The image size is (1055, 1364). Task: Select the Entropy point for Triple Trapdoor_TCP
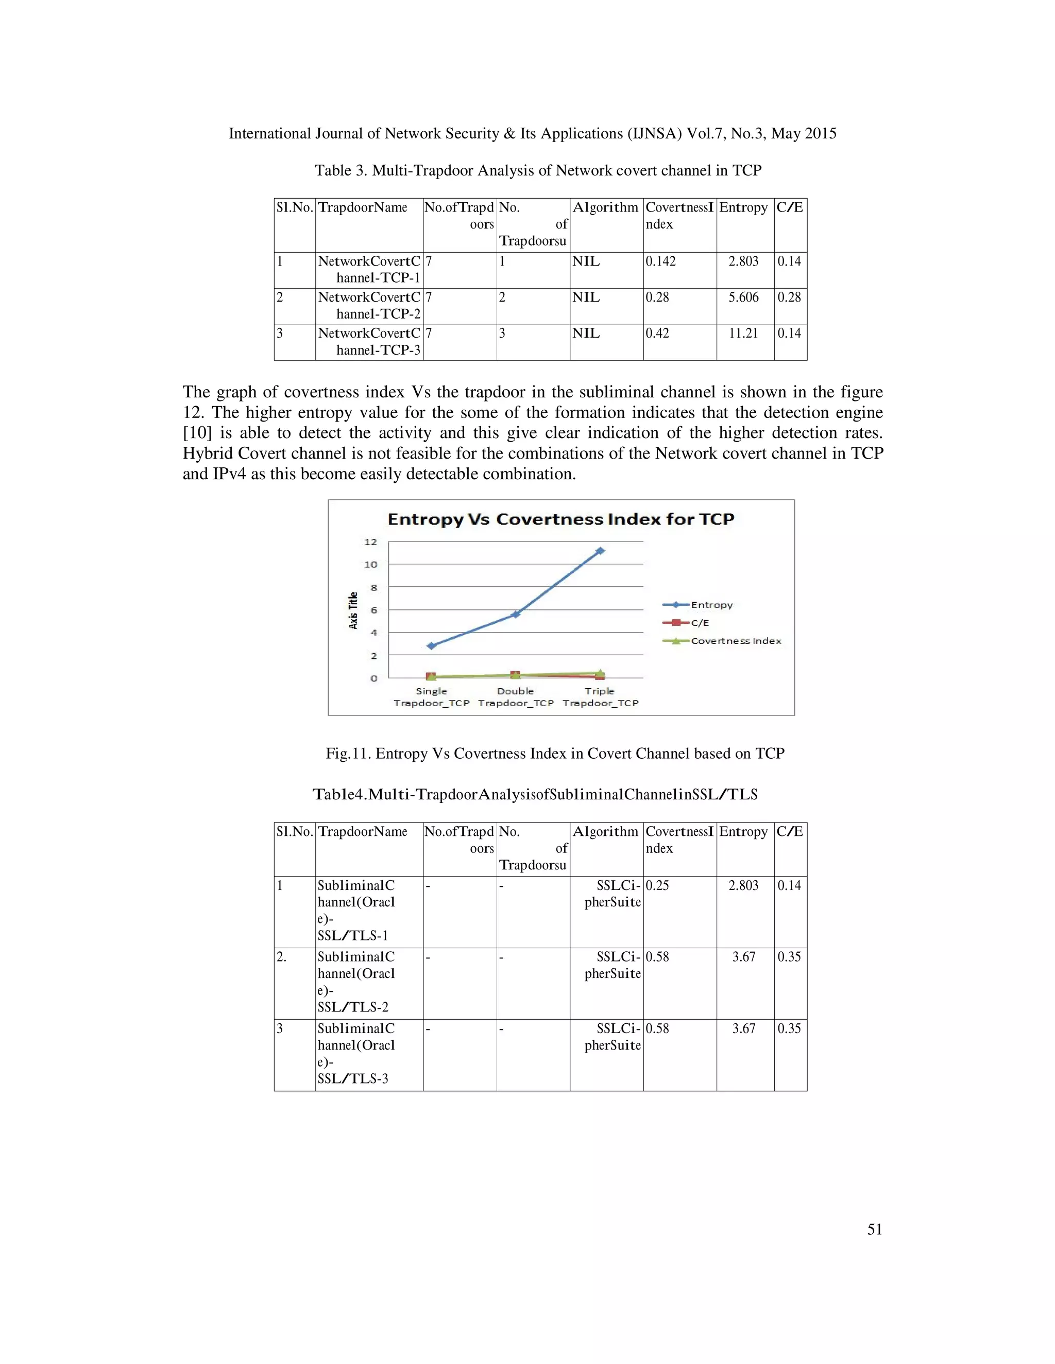(600, 551)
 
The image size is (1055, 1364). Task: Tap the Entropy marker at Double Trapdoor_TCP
(516, 615)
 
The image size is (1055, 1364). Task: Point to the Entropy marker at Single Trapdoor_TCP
(431, 646)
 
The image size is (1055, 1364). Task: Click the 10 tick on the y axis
(370, 565)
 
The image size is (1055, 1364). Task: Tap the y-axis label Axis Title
(353, 610)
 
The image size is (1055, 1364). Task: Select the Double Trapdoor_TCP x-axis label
(516, 697)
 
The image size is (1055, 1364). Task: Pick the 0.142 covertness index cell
(660, 261)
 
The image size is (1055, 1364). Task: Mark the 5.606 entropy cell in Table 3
(743, 298)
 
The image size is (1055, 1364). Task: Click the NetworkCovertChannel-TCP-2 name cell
(369, 305)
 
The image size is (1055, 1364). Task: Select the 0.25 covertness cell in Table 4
(657, 886)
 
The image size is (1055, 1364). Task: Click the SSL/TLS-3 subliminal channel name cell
(357, 1053)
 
